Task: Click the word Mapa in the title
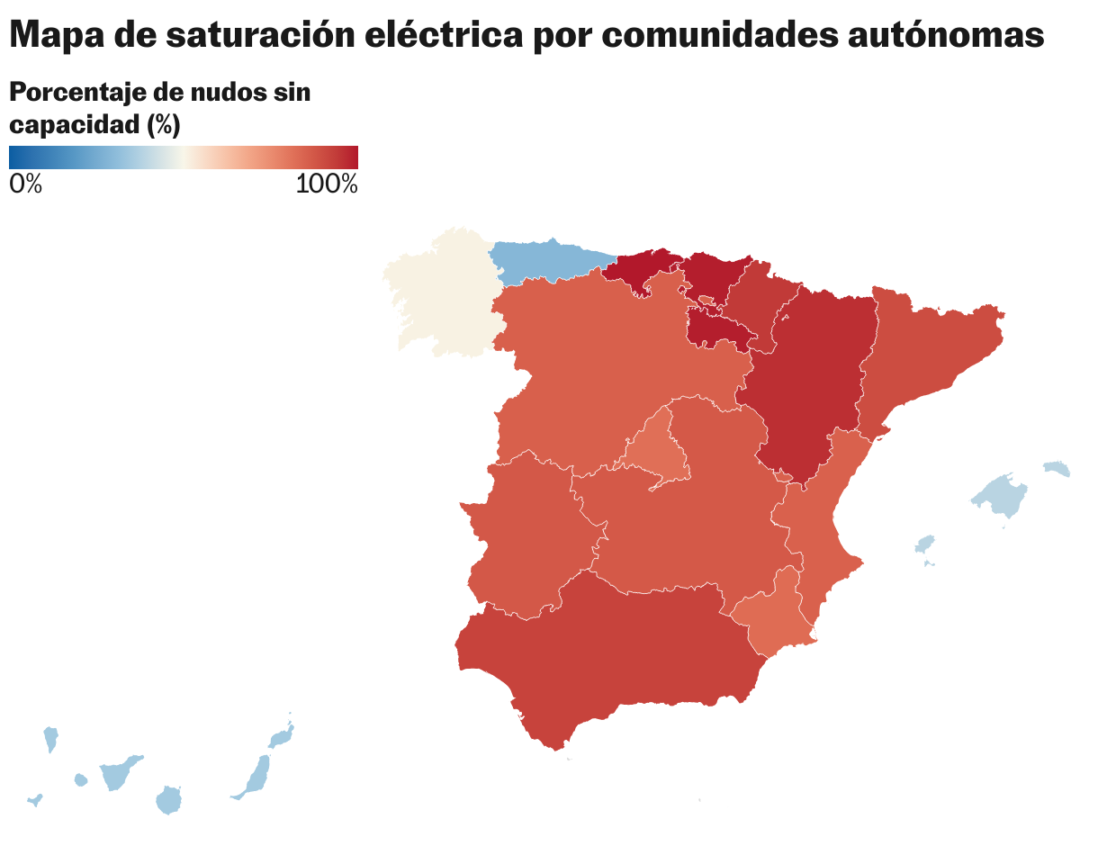click(x=56, y=35)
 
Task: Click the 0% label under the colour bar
click(x=25, y=184)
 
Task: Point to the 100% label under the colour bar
click(x=327, y=184)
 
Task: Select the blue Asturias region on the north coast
click(x=544, y=261)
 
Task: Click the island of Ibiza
click(x=924, y=544)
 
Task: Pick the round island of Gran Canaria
click(x=169, y=799)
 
